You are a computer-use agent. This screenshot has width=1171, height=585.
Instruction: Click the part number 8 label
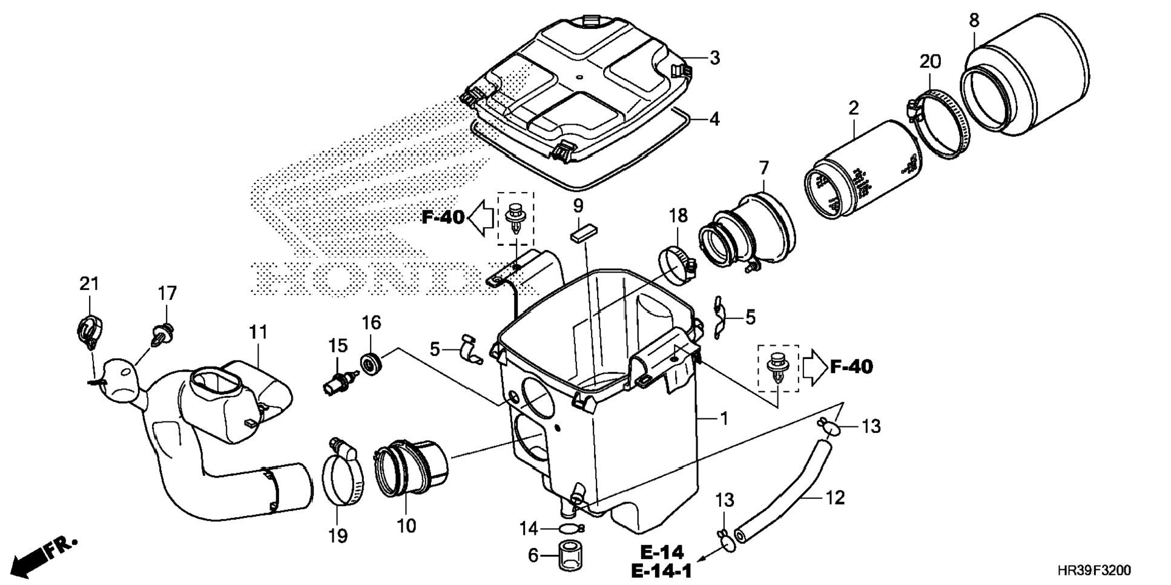point(974,20)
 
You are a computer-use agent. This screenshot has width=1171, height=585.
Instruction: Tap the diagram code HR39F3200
point(1093,570)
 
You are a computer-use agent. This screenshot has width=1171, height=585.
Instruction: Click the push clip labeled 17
point(162,335)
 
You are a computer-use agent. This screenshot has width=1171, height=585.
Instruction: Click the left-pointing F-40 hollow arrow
point(483,218)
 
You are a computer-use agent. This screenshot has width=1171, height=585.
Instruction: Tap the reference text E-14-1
point(661,570)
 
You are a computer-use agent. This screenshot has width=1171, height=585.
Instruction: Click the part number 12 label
point(834,498)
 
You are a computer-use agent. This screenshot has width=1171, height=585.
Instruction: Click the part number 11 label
point(258,332)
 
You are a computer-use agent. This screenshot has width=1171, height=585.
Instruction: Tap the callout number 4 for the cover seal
point(714,119)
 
